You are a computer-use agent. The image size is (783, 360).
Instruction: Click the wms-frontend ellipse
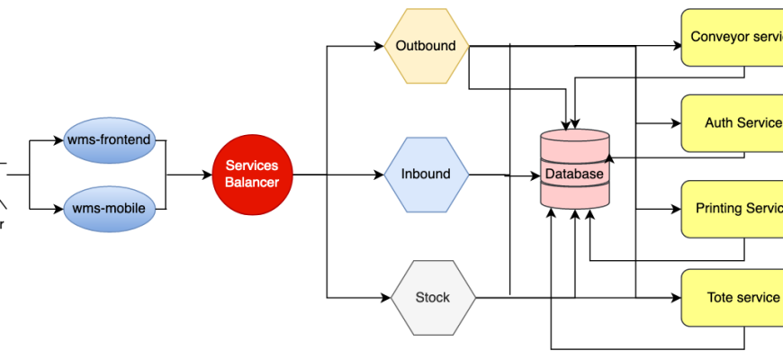(109, 139)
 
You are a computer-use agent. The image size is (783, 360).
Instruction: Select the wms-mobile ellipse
(109, 209)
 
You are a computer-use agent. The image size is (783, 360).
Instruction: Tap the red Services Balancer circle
(252, 174)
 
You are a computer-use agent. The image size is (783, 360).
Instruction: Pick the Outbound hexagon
(426, 46)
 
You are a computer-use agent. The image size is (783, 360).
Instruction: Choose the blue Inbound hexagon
(426, 174)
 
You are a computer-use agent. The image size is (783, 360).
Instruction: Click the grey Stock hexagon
(433, 297)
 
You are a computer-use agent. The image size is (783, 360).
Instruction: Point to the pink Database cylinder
(575, 170)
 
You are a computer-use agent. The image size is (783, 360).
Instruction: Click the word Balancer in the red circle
(252, 182)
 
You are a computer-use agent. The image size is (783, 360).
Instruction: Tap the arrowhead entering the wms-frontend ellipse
(61, 140)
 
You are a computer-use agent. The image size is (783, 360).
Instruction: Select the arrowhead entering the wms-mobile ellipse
(61, 209)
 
